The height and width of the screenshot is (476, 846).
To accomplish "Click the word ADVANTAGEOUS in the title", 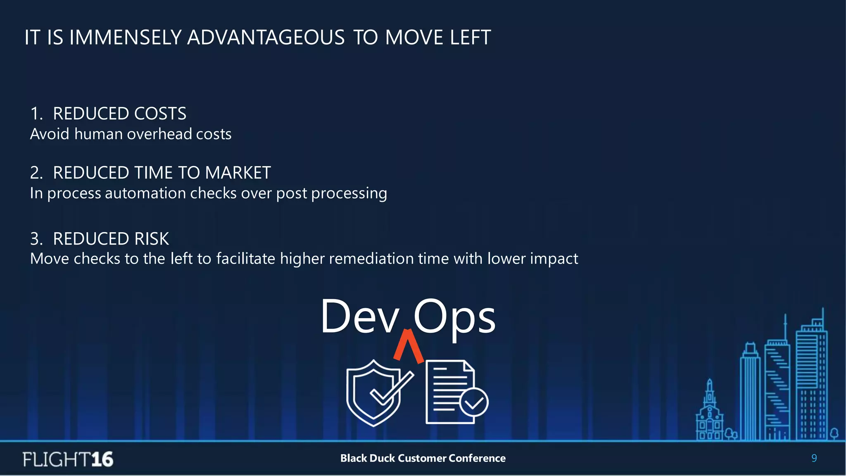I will pos(266,38).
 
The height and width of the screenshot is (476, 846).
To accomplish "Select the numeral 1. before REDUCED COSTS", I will pos(36,114).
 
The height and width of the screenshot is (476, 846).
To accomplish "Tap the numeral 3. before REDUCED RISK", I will pos(36,239).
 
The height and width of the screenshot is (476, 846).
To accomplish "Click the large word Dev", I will pos(359,317).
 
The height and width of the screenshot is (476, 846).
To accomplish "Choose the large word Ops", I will pos(454,317).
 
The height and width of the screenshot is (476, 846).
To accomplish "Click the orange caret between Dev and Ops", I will pos(408,345).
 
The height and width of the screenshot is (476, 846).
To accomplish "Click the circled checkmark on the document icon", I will pos(474,402).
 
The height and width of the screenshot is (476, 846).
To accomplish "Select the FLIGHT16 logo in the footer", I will pos(68,459).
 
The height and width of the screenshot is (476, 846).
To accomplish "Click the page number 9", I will pos(814,458).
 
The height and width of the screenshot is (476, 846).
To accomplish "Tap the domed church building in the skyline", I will pos(710,413).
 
